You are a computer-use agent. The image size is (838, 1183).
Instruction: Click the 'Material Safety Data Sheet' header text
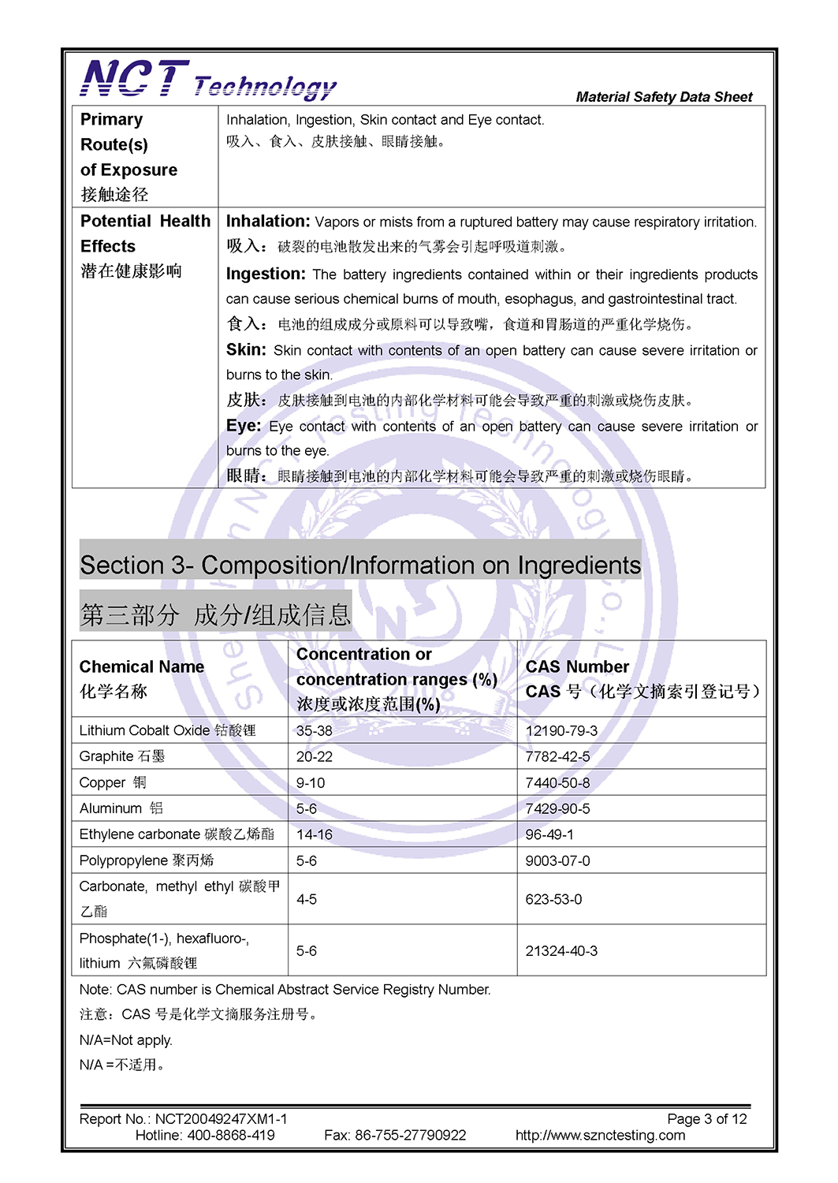[x=664, y=97]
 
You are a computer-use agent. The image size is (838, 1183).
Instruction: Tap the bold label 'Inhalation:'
[x=267, y=222]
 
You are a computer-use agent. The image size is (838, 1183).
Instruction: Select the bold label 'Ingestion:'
[x=266, y=274]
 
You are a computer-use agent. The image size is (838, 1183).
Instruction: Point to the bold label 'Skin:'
[x=246, y=349]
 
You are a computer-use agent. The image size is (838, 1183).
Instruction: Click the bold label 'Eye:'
[x=243, y=426]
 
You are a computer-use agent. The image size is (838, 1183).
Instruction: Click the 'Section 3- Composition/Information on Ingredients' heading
[x=360, y=565]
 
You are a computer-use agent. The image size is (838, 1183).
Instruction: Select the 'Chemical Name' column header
[x=142, y=666]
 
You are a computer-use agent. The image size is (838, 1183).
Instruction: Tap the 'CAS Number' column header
[x=577, y=666]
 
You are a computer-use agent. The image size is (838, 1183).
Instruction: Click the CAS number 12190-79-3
[x=561, y=730]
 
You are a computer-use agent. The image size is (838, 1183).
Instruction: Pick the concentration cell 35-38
[x=314, y=730]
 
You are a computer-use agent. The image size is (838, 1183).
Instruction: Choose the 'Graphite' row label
[x=106, y=756]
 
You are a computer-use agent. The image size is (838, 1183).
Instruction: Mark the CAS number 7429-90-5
[x=557, y=808]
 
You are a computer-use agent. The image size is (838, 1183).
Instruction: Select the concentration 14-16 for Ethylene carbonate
[x=314, y=834]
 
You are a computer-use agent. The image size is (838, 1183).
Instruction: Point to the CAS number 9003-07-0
[x=557, y=860]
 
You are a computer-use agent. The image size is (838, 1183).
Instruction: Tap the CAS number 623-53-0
[x=553, y=899]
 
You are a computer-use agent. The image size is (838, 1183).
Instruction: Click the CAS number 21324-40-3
[x=561, y=951]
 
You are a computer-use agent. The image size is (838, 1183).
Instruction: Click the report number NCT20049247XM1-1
[x=221, y=1118]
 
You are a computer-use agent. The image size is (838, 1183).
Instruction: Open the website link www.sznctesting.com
[x=600, y=1135]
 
